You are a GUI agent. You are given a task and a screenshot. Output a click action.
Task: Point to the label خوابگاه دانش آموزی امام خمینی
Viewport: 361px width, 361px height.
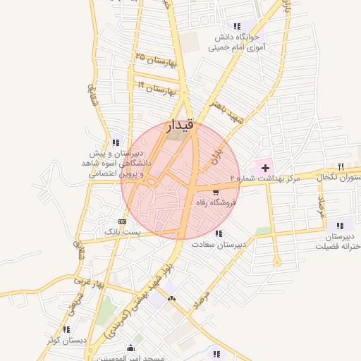[x=235, y=42]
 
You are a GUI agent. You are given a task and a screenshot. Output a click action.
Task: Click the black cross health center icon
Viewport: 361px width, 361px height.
[x=265, y=168]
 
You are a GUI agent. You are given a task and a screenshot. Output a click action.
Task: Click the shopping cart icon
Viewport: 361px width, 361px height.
[x=215, y=191]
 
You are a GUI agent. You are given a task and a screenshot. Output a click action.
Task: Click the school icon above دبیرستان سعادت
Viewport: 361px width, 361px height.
[x=219, y=233]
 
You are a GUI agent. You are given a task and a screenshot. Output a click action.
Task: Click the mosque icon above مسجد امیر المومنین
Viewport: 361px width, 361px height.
[x=130, y=348]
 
